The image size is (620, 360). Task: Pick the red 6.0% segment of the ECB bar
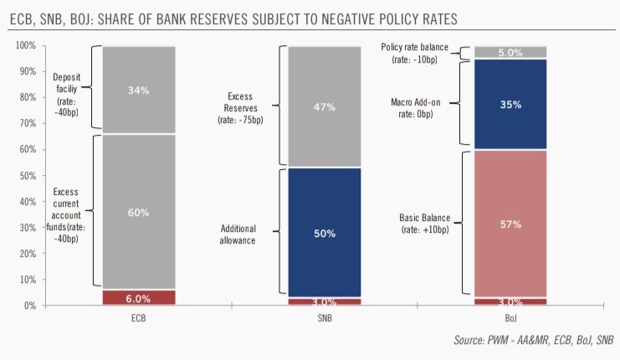(138, 296)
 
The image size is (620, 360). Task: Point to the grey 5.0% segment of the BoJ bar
(510, 53)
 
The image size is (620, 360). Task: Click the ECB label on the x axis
(138, 318)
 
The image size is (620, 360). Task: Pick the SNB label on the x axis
(324, 318)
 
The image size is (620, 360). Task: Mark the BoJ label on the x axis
(510, 318)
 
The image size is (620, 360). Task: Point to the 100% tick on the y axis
(25, 46)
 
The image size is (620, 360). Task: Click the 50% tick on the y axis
(28, 176)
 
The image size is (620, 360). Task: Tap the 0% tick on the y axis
(30, 306)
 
